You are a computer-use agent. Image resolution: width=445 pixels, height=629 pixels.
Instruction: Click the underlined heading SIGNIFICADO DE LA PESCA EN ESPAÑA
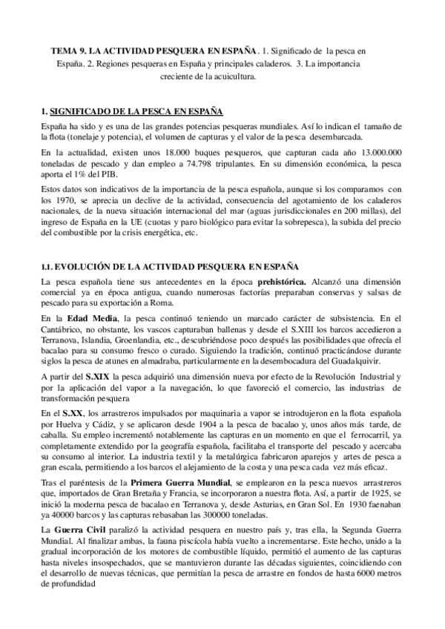(136, 111)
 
